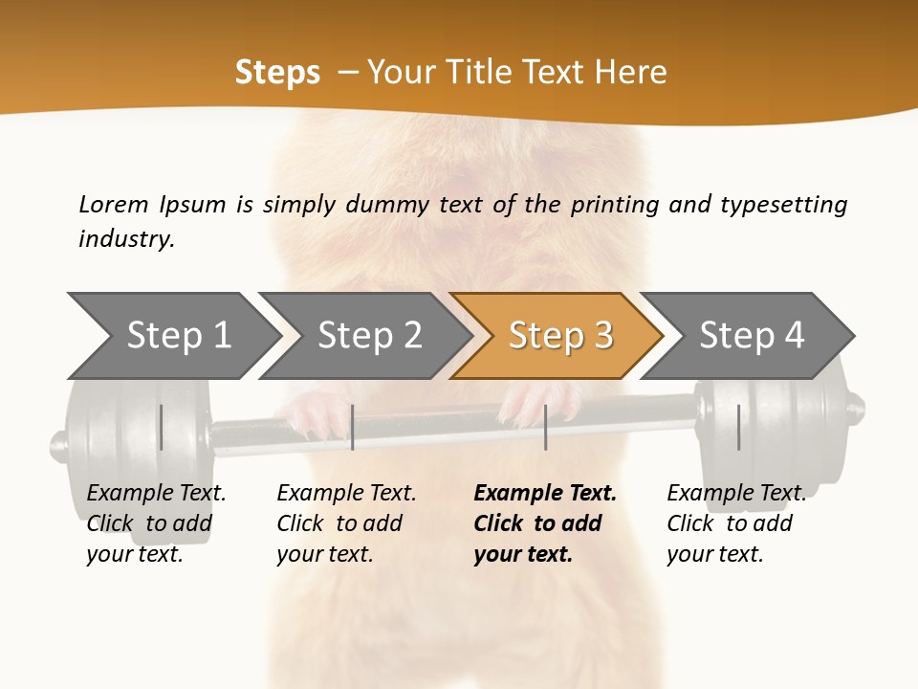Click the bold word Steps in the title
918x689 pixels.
click(277, 73)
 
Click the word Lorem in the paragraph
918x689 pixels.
click(113, 205)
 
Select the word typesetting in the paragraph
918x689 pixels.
click(783, 205)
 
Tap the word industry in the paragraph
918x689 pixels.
click(126, 239)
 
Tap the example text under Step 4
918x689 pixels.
click(735, 523)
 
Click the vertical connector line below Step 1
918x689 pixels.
click(162, 427)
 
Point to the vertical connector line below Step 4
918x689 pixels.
click(738, 427)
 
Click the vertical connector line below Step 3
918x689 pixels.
click(545, 427)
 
